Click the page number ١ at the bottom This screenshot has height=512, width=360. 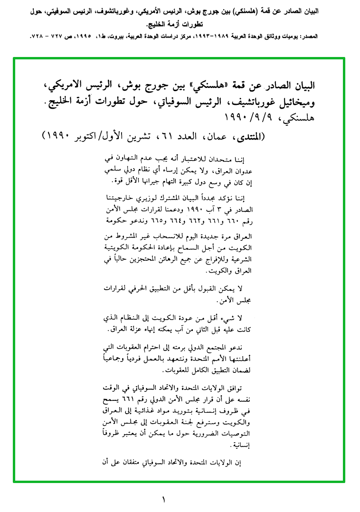click(x=164, y=500)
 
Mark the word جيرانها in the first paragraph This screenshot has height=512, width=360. click(x=151, y=181)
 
